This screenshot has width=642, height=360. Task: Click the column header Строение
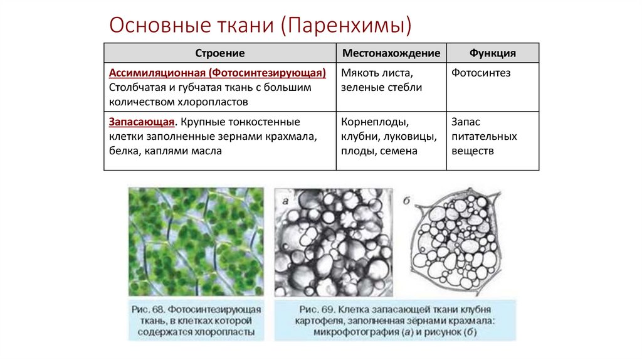219,53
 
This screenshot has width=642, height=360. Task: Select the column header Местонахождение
391,53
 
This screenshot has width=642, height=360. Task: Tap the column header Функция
492,53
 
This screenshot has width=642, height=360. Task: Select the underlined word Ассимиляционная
157,73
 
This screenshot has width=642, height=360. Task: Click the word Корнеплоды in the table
375,122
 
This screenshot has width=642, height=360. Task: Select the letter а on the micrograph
285,201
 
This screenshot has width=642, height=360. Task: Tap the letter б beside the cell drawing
406,201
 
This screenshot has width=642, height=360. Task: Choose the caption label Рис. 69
318,310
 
